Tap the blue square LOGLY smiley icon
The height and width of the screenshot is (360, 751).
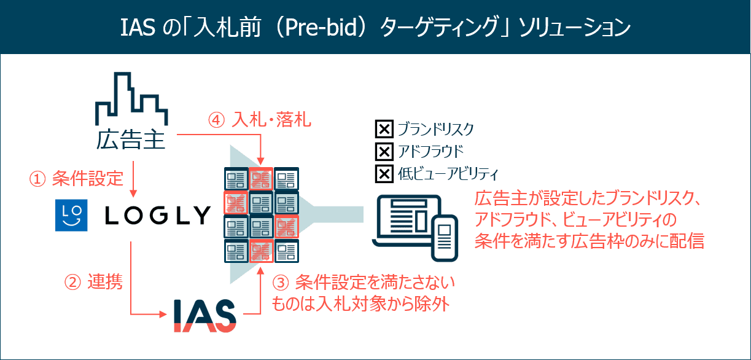coord(71,215)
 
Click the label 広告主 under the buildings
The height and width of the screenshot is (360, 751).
coord(131,139)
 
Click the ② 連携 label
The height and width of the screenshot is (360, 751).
coord(93,282)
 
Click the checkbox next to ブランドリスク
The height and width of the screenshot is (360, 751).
coord(384,130)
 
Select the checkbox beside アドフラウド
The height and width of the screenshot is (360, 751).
coord(384,152)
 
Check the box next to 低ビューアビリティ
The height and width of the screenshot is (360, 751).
coord(384,174)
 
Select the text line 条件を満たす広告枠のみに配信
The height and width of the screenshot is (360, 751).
coord(589,241)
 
